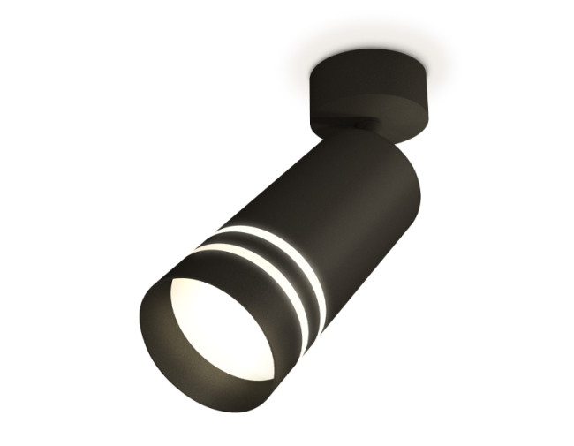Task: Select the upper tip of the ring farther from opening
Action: coord(215,232)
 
